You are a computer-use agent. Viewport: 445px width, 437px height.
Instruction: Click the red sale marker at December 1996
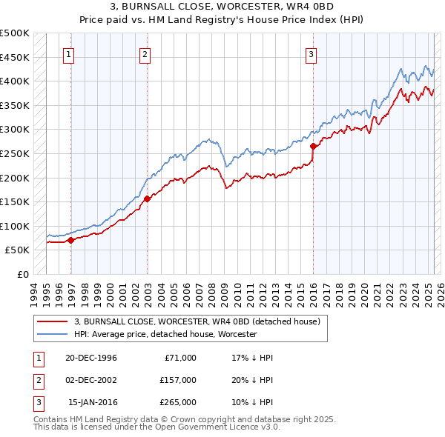pyautogui.click(x=71, y=240)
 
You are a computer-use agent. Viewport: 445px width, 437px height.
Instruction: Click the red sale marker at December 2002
pyautogui.click(x=147, y=198)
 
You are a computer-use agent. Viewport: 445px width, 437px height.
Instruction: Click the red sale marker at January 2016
pyautogui.click(x=313, y=146)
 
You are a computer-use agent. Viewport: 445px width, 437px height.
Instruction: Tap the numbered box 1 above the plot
pyautogui.click(x=68, y=53)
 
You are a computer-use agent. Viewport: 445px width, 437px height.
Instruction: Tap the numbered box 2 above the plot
pyautogui.click(x=145, y=53)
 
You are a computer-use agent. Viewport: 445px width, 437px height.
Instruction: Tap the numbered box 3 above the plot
pyautogui.click(x=311, y=53)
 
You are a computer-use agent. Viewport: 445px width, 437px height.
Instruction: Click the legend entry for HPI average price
pyautogui.click(x=165, y=335)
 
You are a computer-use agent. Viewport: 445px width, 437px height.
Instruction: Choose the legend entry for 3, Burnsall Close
pyautogui.click(x=197, y=321)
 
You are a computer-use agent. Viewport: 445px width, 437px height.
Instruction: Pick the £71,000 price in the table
pyautogui.click(x=179, y=358)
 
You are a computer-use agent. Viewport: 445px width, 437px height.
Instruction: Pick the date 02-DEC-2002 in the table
pyautogui.click(x=91, y=380)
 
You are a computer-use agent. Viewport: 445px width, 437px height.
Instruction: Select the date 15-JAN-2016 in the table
pyautogui.click(x=92, y=402)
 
